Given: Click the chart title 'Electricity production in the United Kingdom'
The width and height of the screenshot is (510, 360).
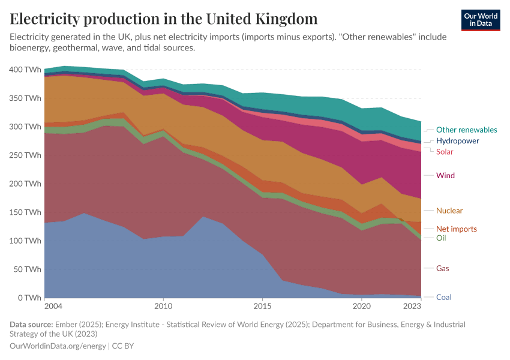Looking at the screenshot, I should pos(164,19).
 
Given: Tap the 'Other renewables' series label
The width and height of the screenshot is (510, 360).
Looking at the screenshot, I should pos(466,130).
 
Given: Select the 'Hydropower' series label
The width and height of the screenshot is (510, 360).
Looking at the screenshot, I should pos(457,140).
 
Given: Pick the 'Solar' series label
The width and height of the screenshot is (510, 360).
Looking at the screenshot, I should pos(445,152).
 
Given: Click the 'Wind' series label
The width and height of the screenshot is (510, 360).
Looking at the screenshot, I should pos(445,176).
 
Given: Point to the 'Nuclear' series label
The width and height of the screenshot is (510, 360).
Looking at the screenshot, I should pos(449,211).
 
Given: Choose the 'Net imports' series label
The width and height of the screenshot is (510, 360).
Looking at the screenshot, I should pos(456,229).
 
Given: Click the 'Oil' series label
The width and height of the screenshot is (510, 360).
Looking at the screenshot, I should pos(440,238).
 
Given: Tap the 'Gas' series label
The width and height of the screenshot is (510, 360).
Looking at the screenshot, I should pos(442,268).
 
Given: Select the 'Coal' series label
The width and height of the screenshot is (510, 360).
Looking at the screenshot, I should pos(443,297).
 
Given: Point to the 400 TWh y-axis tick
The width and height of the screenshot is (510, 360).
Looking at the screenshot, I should pos(26,70).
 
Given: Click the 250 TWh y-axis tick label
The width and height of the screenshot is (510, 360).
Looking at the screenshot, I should pos(26,155).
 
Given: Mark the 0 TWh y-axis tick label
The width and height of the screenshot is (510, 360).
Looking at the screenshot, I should pos(29,298).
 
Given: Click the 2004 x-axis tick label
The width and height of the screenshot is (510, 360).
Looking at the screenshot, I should pos(53,307).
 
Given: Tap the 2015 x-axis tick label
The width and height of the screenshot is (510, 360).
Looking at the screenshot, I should pos(262,307).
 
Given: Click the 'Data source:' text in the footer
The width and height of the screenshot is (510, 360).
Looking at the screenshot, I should pos(31,324).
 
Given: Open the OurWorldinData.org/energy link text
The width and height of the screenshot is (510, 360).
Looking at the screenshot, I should pos(58,346).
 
